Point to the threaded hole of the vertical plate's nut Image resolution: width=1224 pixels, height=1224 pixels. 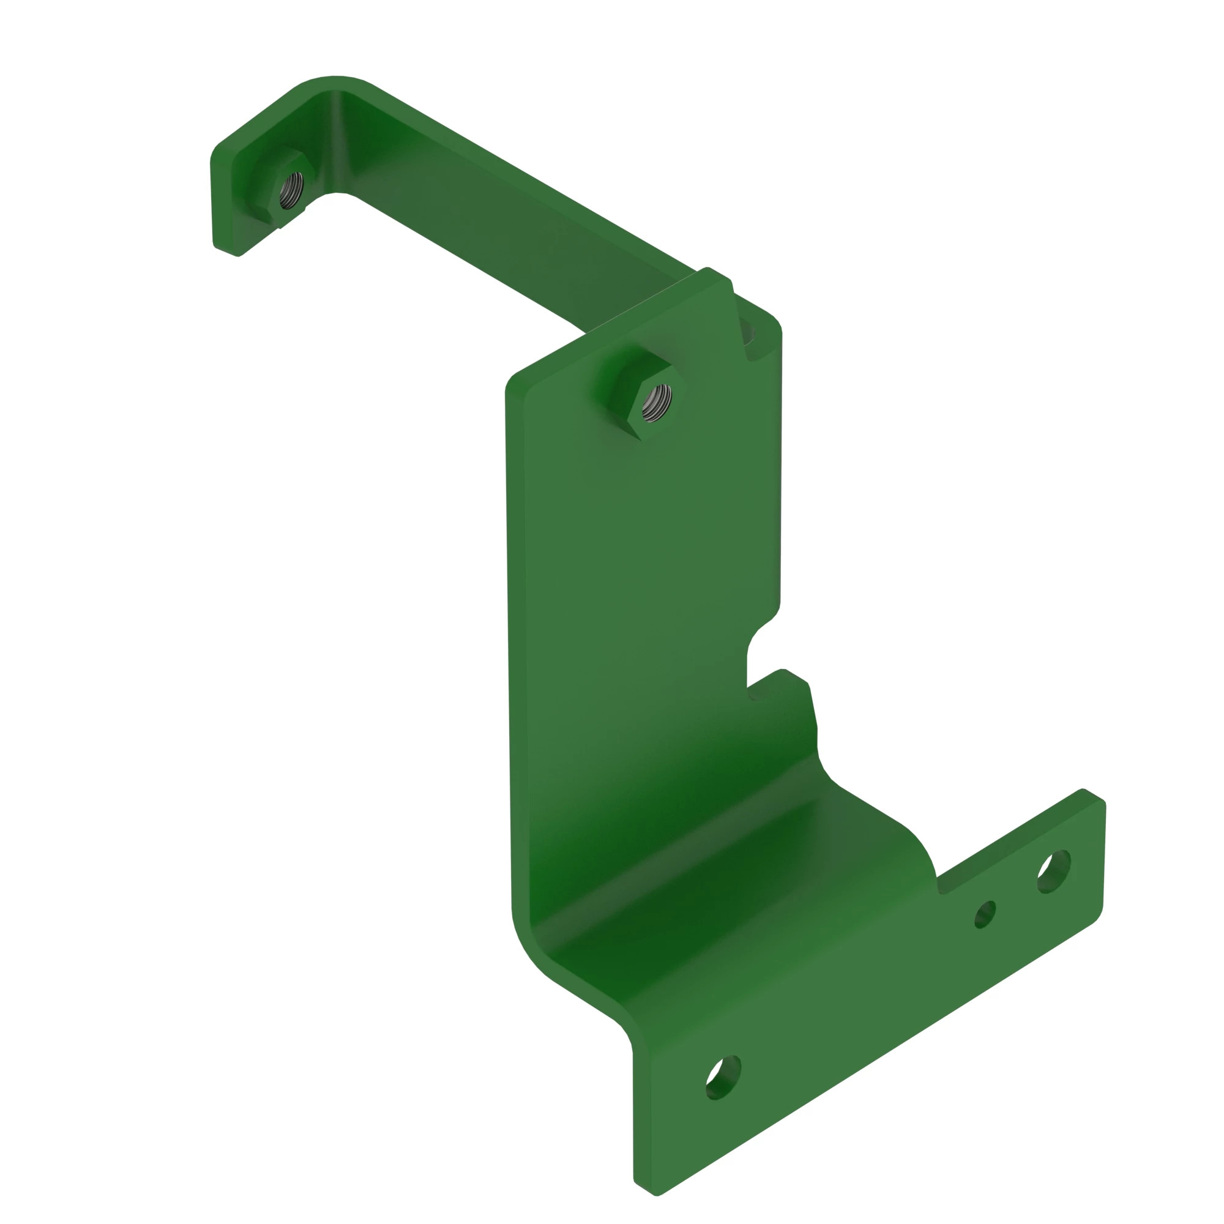click(x=655, y=401)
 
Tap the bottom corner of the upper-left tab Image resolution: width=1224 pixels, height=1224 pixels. click(x=237, y=254)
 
